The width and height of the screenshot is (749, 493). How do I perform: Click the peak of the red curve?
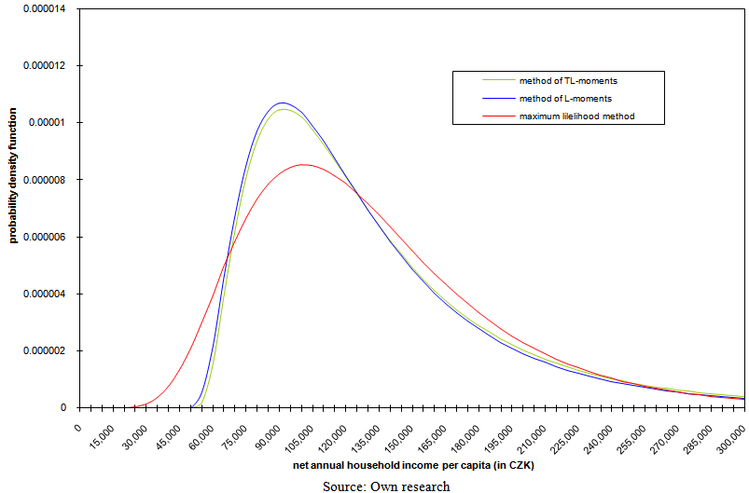click(x=303, y=164)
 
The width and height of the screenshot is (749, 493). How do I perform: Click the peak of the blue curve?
click(x=282, y=103)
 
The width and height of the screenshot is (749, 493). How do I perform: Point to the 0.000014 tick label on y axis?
click(x=40, y=9)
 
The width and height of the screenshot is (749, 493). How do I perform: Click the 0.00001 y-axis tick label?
click(x=44, y=123)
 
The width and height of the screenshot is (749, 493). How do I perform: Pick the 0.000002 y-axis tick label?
click(x=40, y=351)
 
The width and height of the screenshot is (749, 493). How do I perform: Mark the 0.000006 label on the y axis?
click(x=40, y=237)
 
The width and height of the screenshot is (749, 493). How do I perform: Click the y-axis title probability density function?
click(x=14, y=187)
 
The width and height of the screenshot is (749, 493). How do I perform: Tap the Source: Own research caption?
click(x=386, y=486)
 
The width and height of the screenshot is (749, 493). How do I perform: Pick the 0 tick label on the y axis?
click(x=63, y=408)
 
